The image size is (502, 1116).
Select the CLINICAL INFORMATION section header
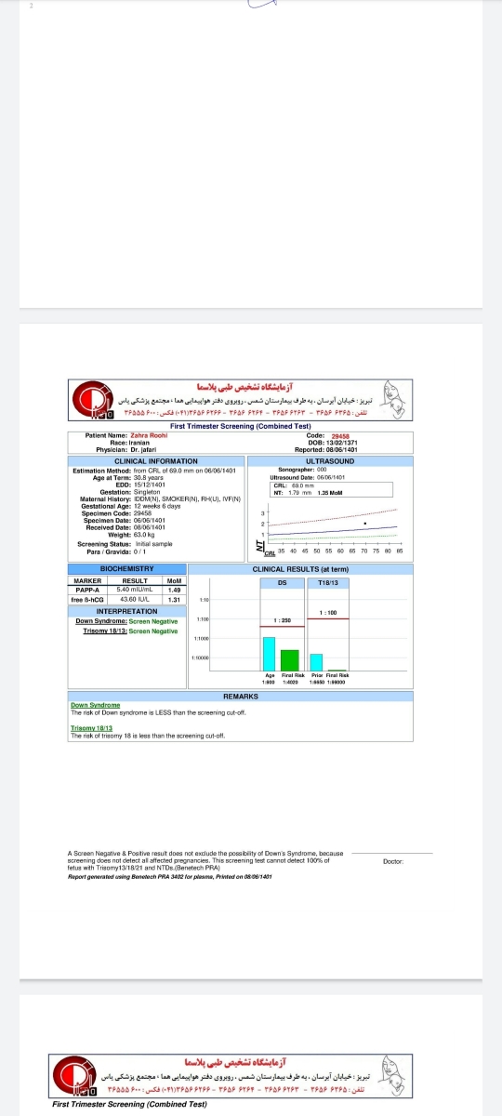155,461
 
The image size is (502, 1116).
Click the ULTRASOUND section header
329,461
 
